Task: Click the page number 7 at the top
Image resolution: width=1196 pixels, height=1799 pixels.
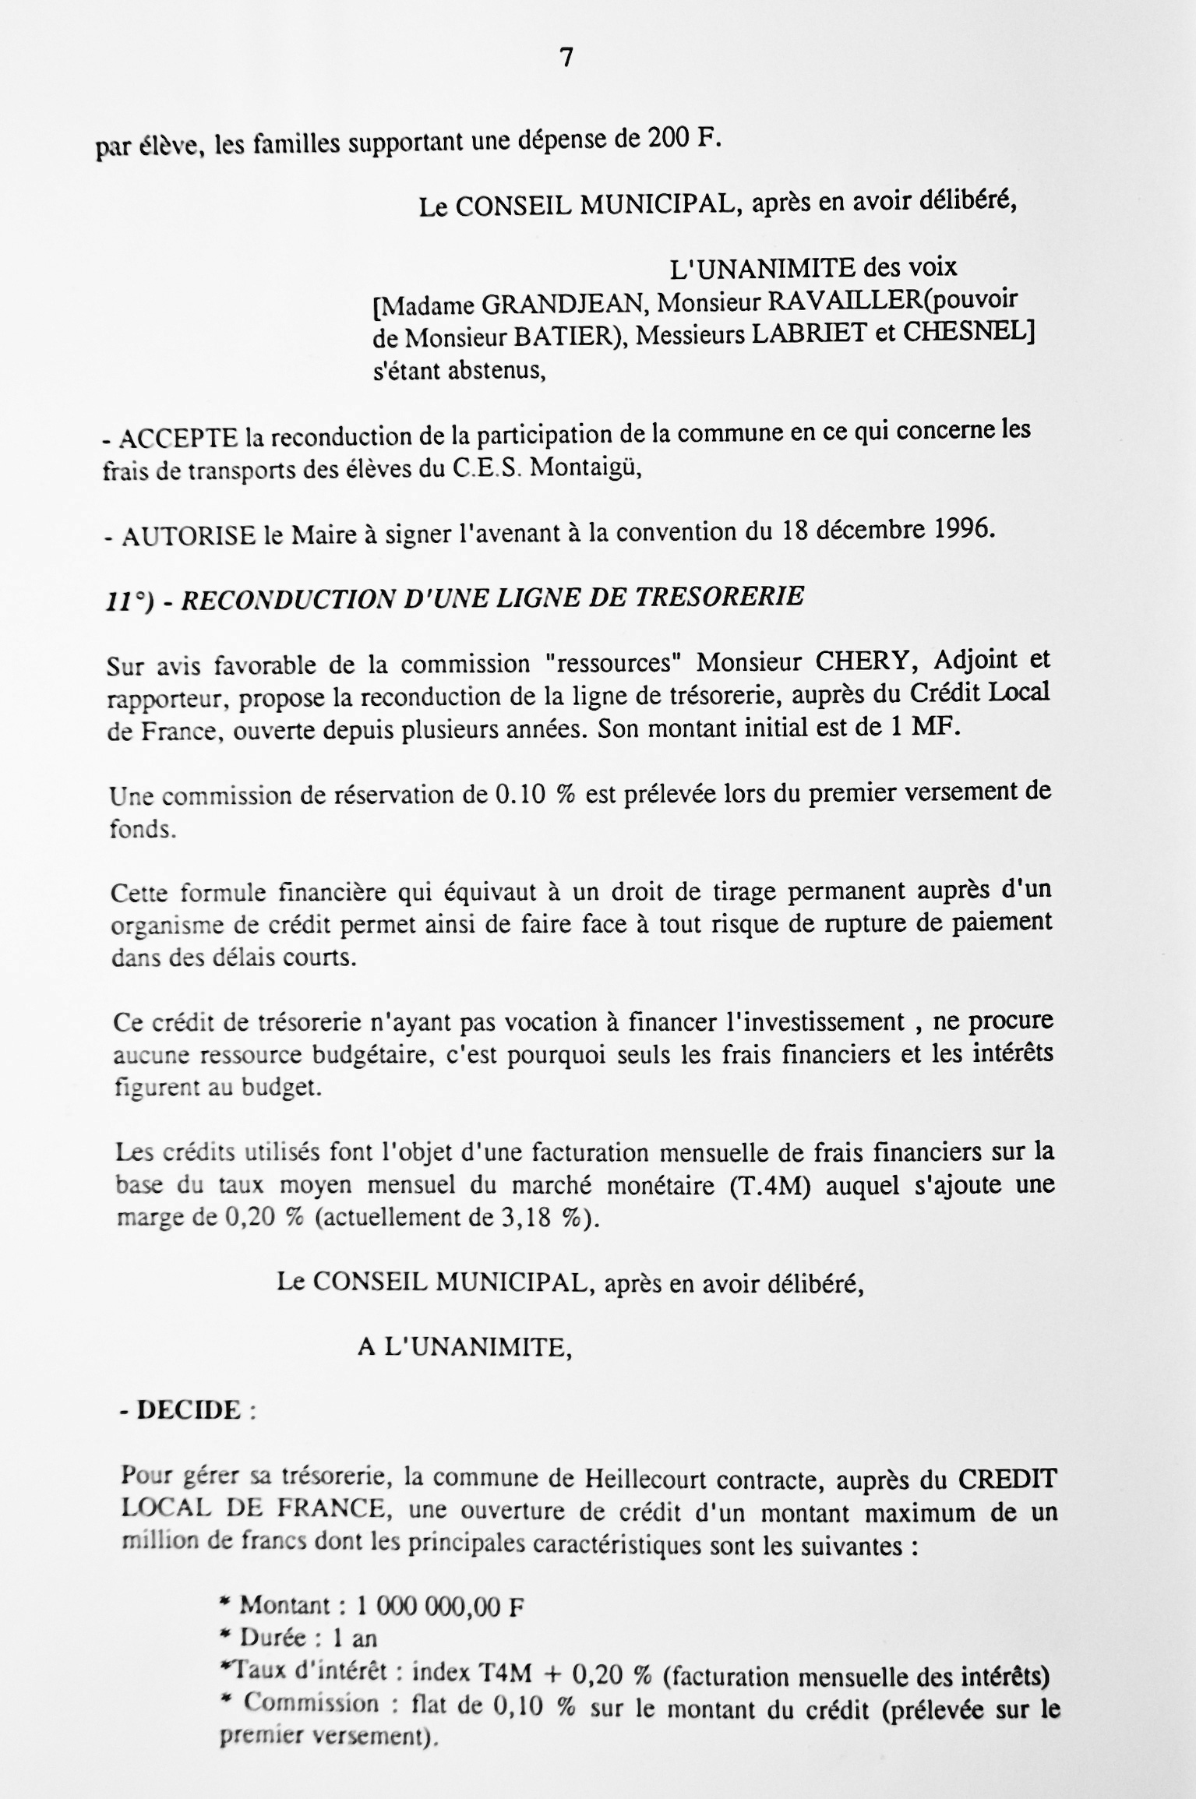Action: coord(566,58)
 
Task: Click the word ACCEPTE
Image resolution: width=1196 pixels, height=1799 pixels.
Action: coord(178,439)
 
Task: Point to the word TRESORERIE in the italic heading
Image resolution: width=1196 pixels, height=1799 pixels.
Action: coord(720,597)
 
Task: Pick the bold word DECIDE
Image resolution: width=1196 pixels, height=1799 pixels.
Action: coord(189,1410)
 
